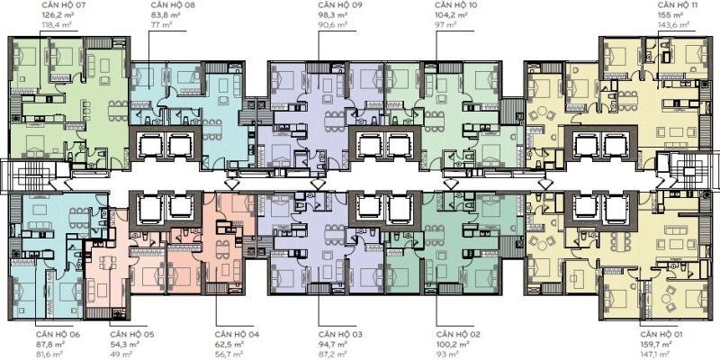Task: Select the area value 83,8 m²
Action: [164, 15]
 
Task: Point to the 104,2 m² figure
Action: [452, 15]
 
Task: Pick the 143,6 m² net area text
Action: [673, 25]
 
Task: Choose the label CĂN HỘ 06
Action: [58, 334]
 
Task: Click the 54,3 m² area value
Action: [124, 344]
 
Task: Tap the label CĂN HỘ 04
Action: [237, 334]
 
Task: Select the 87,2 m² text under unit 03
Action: [333, 354]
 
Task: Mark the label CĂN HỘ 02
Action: [458, 334]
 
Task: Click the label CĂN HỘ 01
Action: [661, 334]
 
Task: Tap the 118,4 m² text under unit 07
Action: [58, 25]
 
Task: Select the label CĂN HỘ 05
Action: [132, 334]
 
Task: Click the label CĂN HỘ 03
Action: [340, 334]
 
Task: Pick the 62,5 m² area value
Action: [229, 344]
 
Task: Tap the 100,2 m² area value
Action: [453, 344]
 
